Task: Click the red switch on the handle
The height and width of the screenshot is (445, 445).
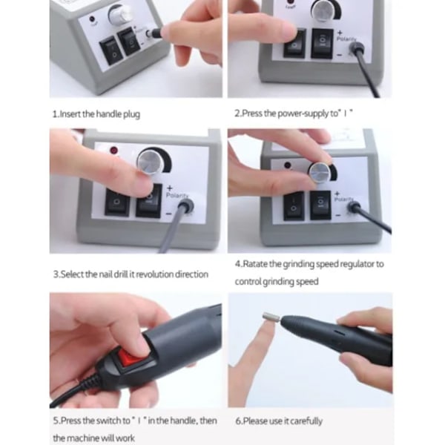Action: tap(131, 358)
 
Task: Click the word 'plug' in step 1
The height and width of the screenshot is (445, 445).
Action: tap(131, 114)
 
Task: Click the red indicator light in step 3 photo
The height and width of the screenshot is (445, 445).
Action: tap(114, 151)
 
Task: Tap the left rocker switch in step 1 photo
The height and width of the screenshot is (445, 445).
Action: tap(111, 52)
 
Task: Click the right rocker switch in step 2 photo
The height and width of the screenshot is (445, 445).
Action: tap(323, 44)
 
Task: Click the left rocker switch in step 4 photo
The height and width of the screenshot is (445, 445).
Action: tap(294, 205)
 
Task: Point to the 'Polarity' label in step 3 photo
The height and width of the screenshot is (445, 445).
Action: tap(177, 195)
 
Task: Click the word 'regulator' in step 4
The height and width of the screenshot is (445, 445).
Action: tap(357, 264)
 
